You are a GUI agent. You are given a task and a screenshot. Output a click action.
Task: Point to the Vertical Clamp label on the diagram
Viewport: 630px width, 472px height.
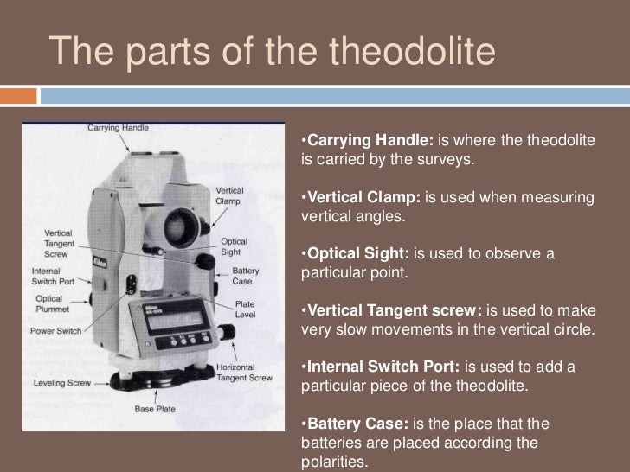(229, 195)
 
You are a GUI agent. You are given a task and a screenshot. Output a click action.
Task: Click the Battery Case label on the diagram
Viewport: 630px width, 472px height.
(245, 276)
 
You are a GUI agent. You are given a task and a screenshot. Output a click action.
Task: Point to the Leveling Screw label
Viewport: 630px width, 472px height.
(63, 381)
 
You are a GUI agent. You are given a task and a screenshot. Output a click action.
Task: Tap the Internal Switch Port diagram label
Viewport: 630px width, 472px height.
(53, 274)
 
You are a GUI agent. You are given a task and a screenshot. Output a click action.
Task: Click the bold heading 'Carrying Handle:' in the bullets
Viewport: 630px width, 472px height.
(371, 141)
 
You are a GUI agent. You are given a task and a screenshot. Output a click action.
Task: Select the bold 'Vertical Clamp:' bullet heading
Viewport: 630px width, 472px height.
(363, 199)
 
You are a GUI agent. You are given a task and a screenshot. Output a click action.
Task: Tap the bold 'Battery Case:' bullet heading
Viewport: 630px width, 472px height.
(357, 424)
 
